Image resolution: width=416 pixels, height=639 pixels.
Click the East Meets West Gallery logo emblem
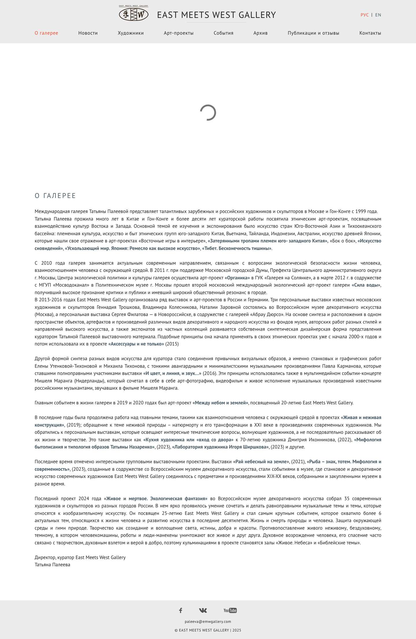point(134,14)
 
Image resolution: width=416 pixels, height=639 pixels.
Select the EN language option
point(378,15)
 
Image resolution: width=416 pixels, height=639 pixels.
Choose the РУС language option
point(365,15)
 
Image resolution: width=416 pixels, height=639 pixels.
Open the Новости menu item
point(88,33)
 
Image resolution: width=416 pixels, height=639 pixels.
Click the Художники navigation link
point(131,33)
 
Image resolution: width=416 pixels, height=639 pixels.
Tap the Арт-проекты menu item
point(179,33)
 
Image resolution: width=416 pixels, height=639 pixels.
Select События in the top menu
point(223,33)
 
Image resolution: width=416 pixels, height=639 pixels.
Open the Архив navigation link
point(260,33)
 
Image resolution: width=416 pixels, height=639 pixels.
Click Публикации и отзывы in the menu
point(313,33)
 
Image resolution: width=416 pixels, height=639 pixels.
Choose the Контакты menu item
point(370,33)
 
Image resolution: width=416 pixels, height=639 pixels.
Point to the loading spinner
point(208,113)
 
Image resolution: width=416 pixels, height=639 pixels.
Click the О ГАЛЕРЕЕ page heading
point(55,196)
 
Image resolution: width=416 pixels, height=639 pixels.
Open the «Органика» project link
point(237,278)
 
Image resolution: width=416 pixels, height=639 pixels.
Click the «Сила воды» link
point(366,285)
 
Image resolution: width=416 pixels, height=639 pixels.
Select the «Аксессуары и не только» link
point(136,344)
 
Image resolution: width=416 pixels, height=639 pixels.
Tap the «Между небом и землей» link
point(220,403)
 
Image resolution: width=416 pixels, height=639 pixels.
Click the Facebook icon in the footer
point(181,610)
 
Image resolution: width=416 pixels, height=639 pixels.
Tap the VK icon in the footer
point(203,610)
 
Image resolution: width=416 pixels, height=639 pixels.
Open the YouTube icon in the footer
point(230,610)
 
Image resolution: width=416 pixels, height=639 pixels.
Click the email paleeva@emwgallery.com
point(208,621)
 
